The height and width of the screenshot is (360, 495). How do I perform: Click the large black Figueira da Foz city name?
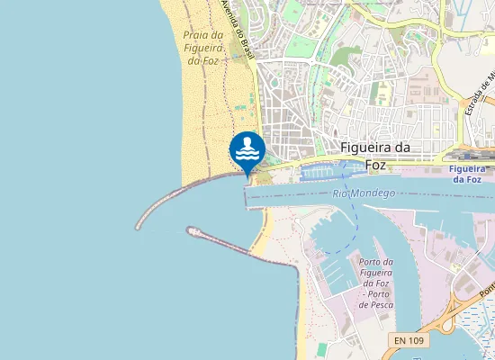pyautogui.click(x=376, y=156)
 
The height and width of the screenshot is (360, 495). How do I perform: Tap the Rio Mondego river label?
pyautogui.click(x=364, y=193)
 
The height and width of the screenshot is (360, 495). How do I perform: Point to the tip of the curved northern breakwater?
pyautogui.click(x=139, y=226)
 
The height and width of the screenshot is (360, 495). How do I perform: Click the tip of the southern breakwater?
pyautogui.click(x=191, y=230)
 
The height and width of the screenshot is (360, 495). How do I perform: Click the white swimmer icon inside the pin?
pyautogui.click(x=247, y=148)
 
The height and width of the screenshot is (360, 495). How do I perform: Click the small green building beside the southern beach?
pyautogui.click(x=321, y=349)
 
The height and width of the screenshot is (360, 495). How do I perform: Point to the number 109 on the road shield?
pyautogui.click(x=417, y=340)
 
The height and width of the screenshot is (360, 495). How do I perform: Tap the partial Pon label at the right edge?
pyautogui.click(x=487, y=290)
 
